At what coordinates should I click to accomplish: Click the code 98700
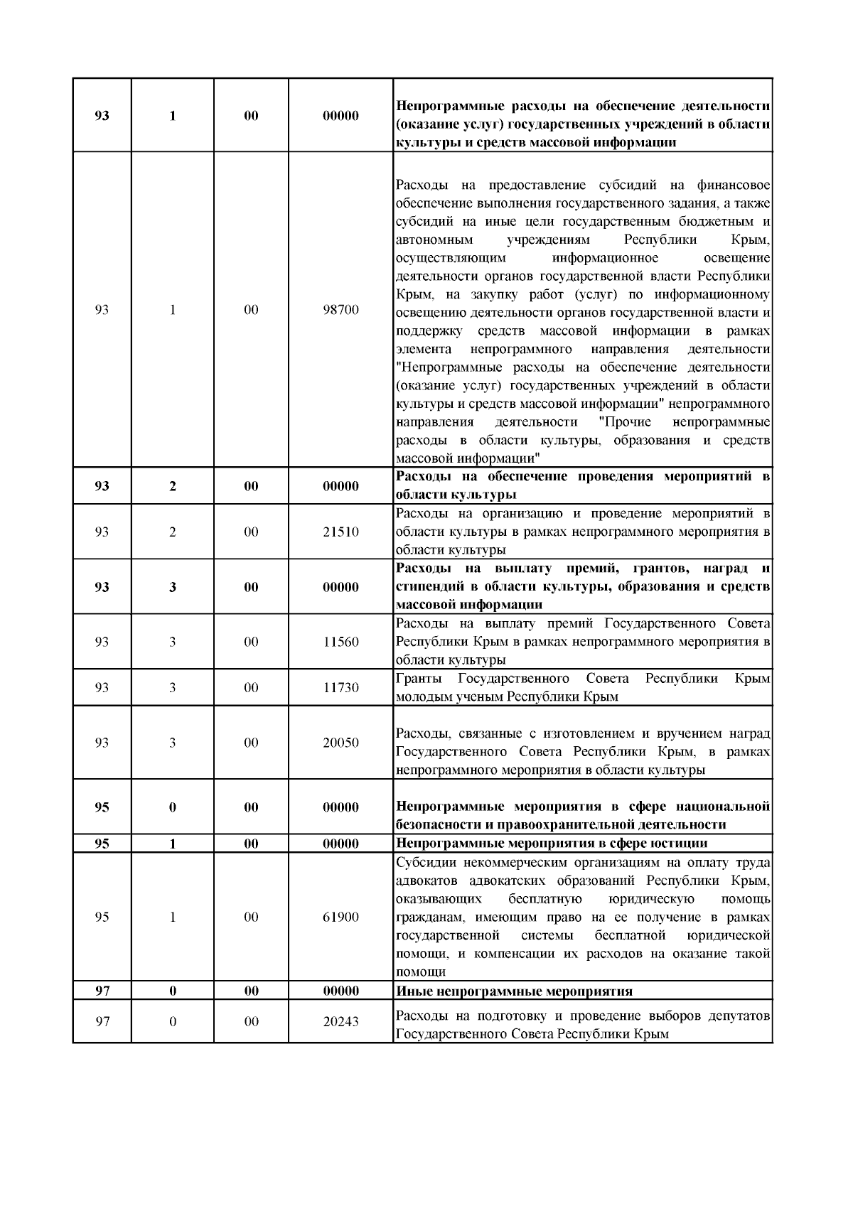click(340, 310)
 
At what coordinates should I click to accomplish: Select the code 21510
click(340, 532)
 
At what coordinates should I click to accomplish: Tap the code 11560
click(340, 642)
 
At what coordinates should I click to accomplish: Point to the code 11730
click(340, 688)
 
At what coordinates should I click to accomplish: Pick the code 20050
click(340, 743)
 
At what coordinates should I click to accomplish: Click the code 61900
click(340, 917)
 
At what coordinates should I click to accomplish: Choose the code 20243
click(340, 1022)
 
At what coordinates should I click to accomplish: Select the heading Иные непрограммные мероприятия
click(514, 991)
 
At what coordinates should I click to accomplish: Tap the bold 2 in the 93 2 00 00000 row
click(173, 487)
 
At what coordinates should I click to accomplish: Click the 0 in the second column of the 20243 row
click(173, 1022)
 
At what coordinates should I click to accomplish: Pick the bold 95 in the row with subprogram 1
click(102, 844)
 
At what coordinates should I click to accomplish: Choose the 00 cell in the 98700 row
click(251, 310)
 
